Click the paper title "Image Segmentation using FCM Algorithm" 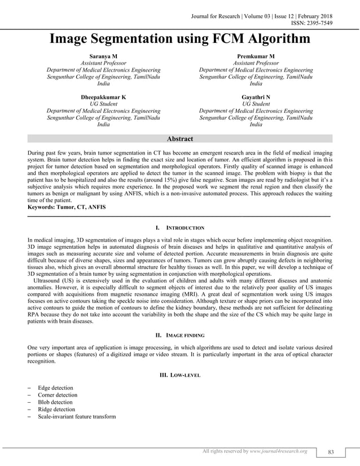pos(180,39)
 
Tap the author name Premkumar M pos(256,57)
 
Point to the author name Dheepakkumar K pos(103,97)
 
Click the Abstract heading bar pos(180,139)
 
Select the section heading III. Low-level pos(179,375)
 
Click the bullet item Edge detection pos(55,388)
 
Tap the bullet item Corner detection pos(58,395)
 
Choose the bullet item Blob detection pos(55,402)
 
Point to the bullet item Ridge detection pos(56,410)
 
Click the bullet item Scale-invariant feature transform pos(77,417)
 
